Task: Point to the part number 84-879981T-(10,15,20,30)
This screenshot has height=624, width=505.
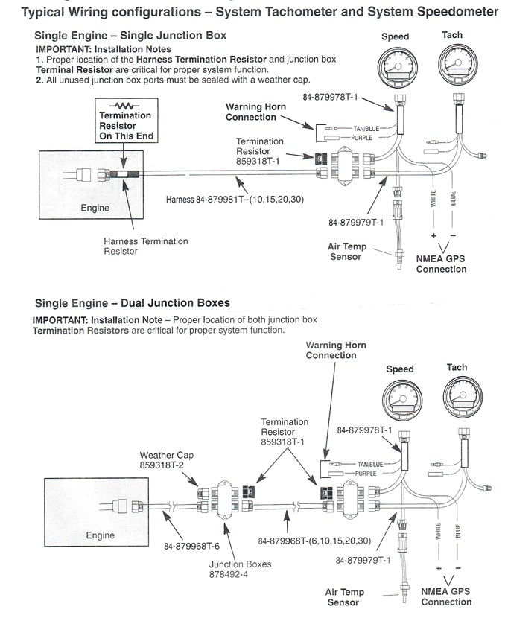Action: tap(235, 200)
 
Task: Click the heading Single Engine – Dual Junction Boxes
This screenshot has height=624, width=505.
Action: tap(133, 302)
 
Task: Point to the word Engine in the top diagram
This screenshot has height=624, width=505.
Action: tap(95, 208)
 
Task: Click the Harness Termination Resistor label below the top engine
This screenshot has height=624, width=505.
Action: tap(146, 246)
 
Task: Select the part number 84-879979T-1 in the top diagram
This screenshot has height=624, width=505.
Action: tap(355, 222)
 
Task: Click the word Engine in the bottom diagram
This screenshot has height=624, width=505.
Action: tap(101, 535)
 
